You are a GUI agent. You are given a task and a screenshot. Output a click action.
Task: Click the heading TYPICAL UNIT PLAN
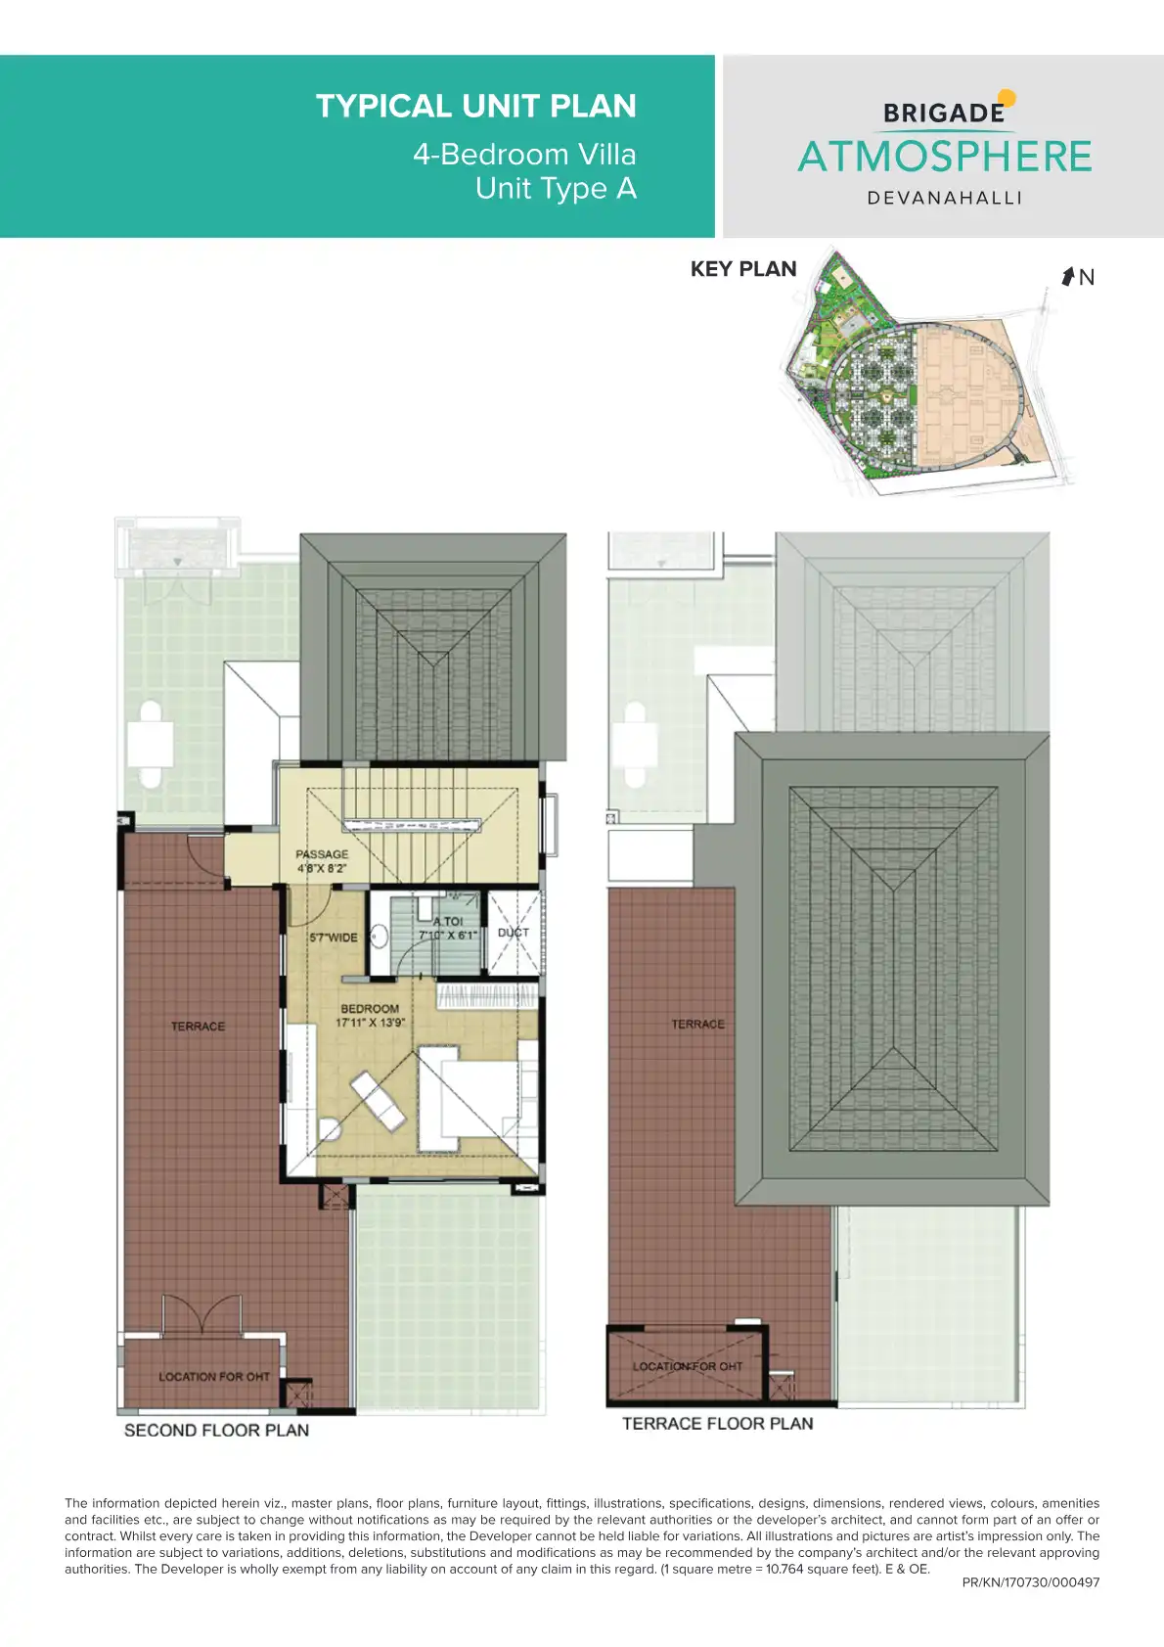[475, 106]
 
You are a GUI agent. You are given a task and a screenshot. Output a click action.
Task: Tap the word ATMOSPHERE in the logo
[945, 157]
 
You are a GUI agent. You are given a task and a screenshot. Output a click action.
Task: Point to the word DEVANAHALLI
[945, 198]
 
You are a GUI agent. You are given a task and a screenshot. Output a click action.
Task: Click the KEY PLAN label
[743, 269]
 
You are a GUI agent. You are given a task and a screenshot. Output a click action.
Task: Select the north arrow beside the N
[1068, 277]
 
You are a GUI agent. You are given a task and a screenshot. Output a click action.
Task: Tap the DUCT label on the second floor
[514, 933]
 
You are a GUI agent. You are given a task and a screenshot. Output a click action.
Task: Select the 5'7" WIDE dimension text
[334, 938]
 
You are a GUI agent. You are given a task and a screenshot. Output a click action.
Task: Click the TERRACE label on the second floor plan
[198, 1027]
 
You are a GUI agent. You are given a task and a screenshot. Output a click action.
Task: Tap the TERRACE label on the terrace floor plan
[697, 1025]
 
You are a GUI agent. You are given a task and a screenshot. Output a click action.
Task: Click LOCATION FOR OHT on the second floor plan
[214, 1377]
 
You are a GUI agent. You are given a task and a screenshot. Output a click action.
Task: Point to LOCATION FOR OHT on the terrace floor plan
[688, 1366]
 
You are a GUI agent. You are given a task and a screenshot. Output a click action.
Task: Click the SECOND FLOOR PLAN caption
[216, 1431]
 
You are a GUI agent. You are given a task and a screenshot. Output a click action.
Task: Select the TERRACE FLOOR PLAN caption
[718, 1424]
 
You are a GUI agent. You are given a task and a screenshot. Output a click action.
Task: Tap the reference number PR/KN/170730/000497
[1031, 1582]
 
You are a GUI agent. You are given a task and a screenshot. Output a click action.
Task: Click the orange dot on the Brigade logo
[1007, 98]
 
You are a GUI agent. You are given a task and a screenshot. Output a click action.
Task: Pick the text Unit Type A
[556, 189]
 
